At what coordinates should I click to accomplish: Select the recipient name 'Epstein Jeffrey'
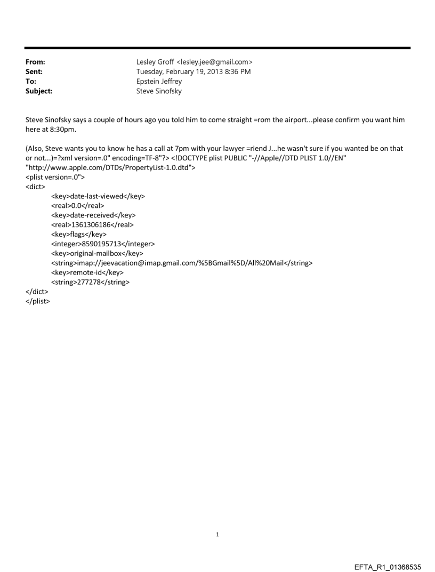point(159,82)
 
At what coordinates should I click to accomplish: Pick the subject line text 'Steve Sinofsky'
point(159,91)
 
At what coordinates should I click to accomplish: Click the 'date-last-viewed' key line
point(98,196)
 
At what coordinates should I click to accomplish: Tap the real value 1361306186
point(92,225)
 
